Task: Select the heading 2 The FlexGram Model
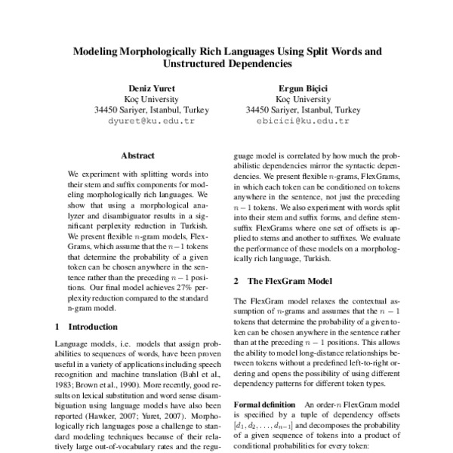tap(281, 281)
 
